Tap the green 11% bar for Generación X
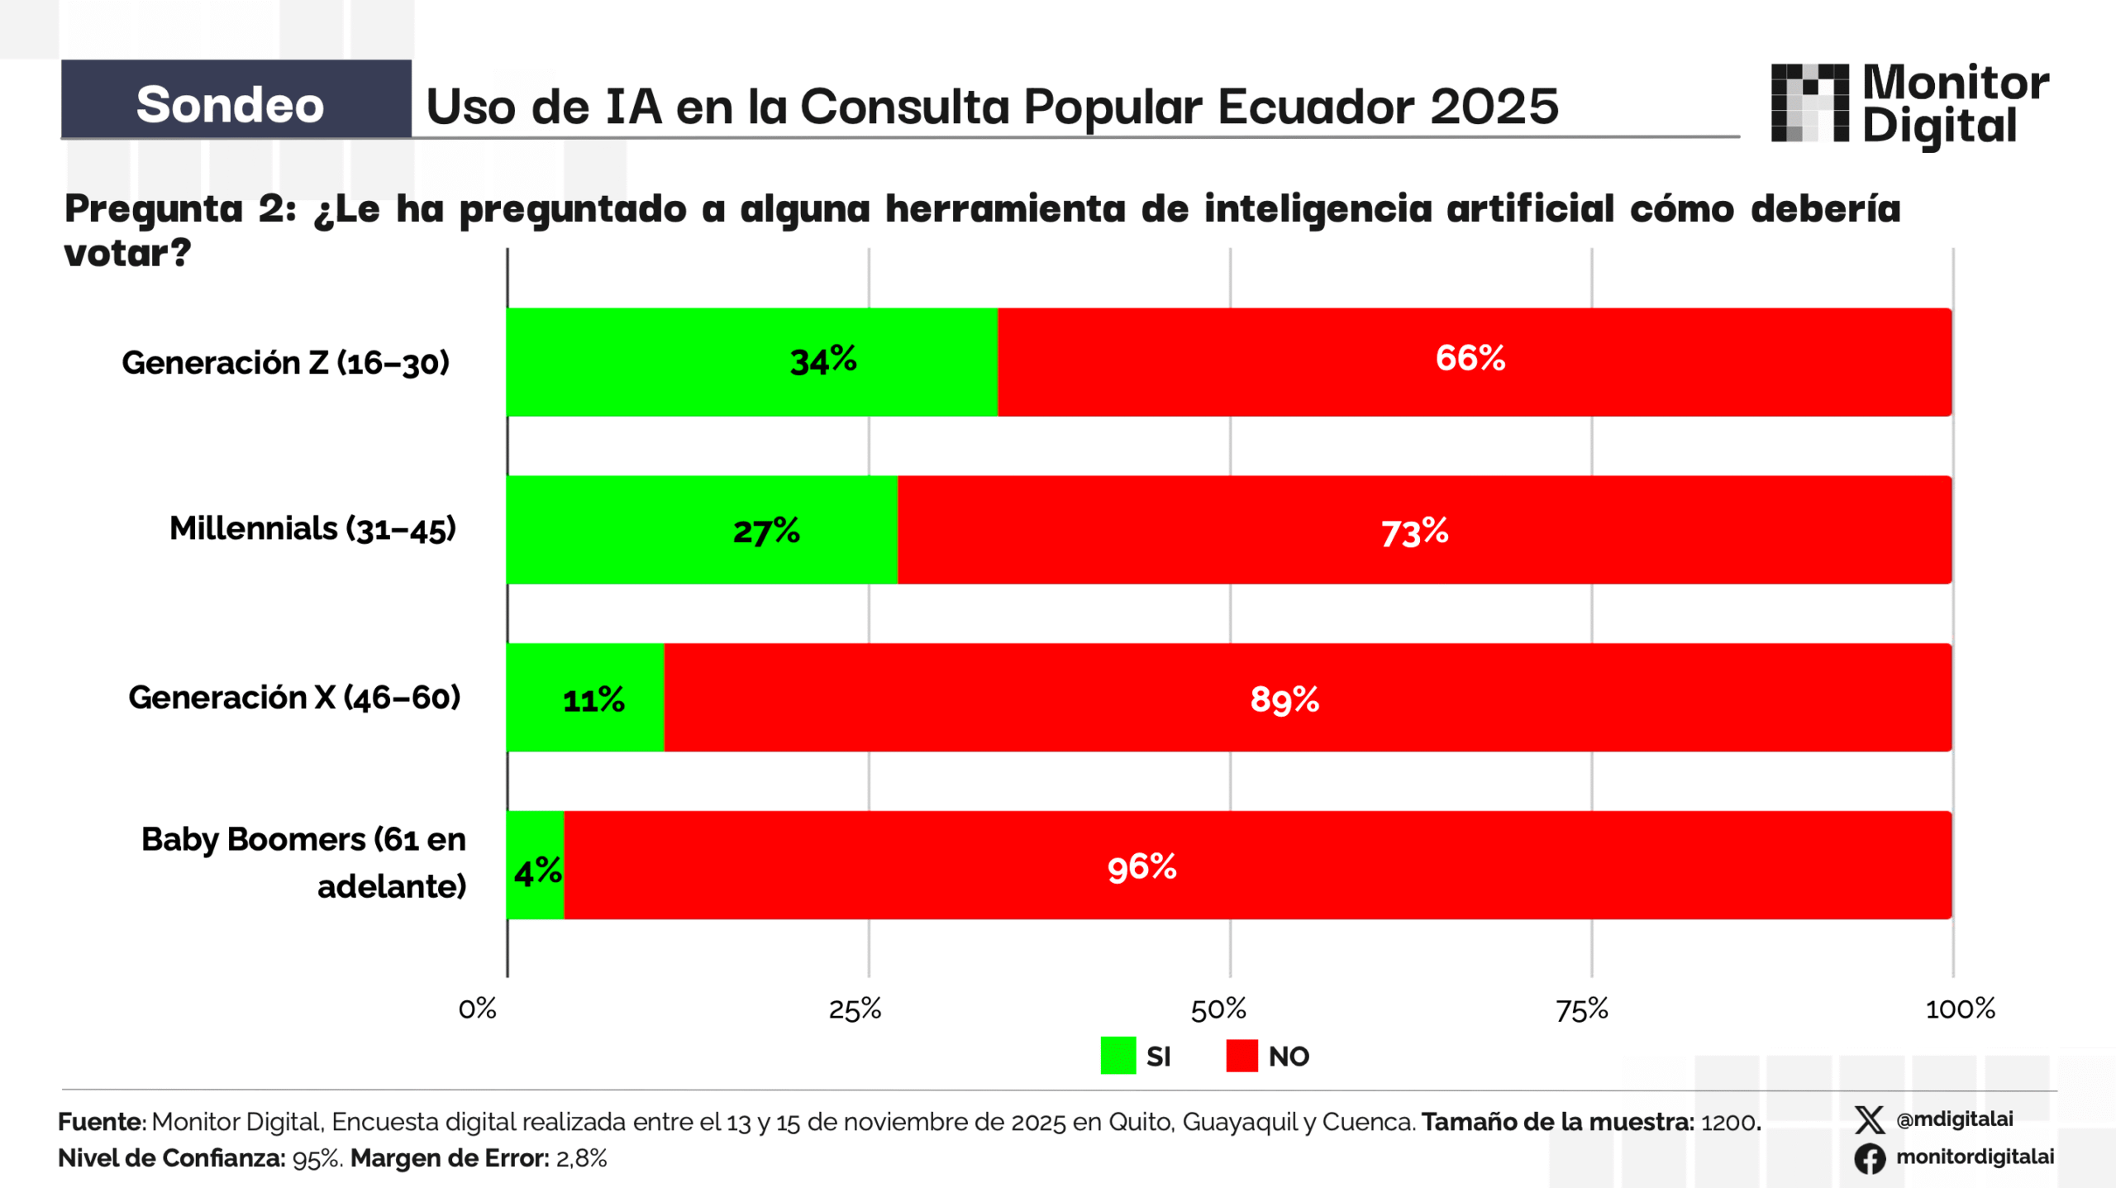585,698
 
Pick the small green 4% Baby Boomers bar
535,865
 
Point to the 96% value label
1141,867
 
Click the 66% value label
1470,358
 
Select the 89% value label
1284,699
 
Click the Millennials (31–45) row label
312,528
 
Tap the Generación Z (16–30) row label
285,362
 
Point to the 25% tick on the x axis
855,1009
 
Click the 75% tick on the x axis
1581,1009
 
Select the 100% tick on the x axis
1960,1009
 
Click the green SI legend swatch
1118,1056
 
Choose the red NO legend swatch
1241,1056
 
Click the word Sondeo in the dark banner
230,105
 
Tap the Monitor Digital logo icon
1809,103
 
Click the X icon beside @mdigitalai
1869,1120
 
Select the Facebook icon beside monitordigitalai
1869,1158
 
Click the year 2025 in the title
1494,107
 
